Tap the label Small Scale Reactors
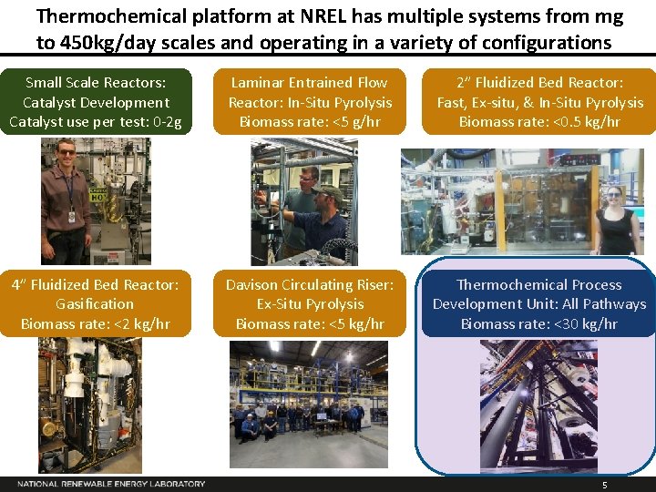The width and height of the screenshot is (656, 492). coord(96,83)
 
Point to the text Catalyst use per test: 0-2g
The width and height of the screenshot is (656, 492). coord(96,121)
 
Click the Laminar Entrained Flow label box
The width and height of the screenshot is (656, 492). coord(310,101)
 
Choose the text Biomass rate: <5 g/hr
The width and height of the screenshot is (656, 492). coord(310,121)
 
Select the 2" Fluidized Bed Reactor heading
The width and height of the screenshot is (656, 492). coord(538,83)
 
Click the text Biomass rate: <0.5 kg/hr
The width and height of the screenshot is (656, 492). coord(538,121)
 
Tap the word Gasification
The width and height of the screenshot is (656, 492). coord(95,304)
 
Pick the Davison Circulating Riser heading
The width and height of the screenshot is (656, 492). coord(310,285)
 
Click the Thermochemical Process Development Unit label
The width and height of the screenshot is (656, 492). coord(538,294)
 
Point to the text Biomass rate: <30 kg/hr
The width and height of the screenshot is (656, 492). coord(538,323)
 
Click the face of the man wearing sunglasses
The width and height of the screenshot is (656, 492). coord(67,149)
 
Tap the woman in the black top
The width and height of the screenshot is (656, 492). coord(616,223)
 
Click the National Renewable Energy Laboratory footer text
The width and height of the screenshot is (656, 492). coord(111,484)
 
